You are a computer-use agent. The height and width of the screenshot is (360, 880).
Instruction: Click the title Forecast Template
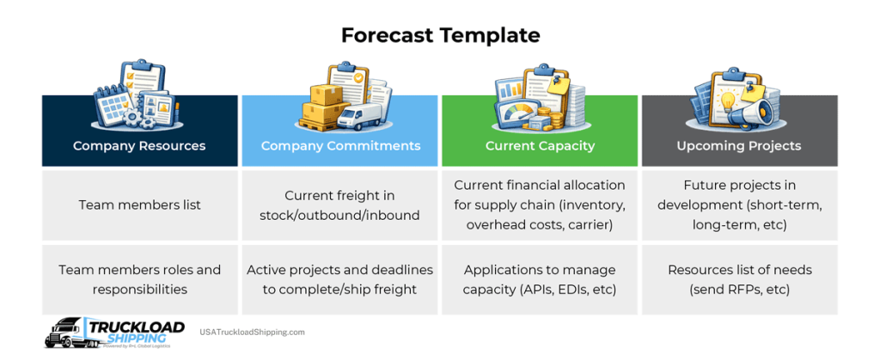tap(440, 35)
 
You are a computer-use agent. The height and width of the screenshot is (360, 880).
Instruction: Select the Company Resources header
tap(139, 145)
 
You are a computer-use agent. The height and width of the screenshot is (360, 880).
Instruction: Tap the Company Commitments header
tap(340, 145)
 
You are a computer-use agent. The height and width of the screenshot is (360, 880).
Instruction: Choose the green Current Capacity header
tap(540, 145)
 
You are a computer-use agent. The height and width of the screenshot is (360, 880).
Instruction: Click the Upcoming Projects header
tap(739, 145)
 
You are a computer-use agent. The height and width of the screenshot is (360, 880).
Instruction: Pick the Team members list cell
tap(139, 204)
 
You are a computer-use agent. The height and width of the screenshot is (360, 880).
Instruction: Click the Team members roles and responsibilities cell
tap(139, 279)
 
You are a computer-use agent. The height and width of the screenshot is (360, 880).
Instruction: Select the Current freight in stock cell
tap(340, 204)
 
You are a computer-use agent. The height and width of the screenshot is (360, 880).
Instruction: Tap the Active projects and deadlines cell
tap(340, 279)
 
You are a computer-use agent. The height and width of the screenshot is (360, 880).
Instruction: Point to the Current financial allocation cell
tap(540, 204)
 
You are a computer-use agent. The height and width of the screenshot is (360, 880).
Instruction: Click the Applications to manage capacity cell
tap(540, 279)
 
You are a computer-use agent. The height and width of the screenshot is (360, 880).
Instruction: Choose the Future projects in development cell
tap(739, 204)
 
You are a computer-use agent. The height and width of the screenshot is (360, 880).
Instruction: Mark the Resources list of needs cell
tap(739, 279)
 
